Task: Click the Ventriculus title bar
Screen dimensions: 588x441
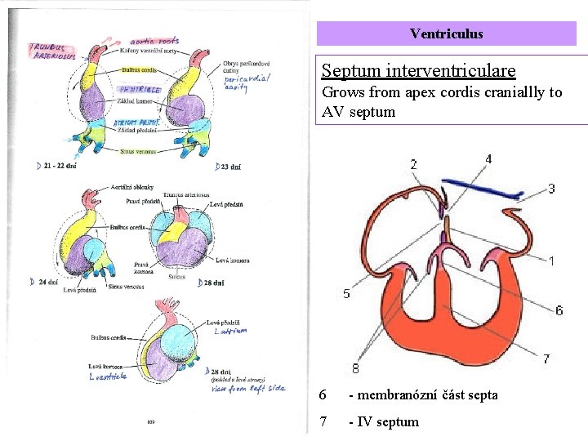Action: (446, 33)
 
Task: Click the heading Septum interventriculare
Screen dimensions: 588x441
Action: (418, 71)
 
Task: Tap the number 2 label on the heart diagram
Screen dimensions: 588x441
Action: (413, 165)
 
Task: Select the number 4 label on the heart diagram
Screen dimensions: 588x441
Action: (488, 159)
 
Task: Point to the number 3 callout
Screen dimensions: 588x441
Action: (551, 189)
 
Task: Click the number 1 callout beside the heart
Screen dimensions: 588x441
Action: (551, 261)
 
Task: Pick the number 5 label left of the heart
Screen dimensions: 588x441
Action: (347, 294)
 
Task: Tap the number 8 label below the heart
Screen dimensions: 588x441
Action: (355, 368)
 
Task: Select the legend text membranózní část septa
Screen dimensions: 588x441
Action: (423, 394)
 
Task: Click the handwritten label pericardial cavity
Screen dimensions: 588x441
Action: (247, 82)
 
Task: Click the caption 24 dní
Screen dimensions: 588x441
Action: (47, 282)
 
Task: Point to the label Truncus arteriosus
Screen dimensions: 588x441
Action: (186, 194)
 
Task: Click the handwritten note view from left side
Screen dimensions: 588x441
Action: (249, 388)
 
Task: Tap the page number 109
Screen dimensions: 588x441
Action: (152, 422)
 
